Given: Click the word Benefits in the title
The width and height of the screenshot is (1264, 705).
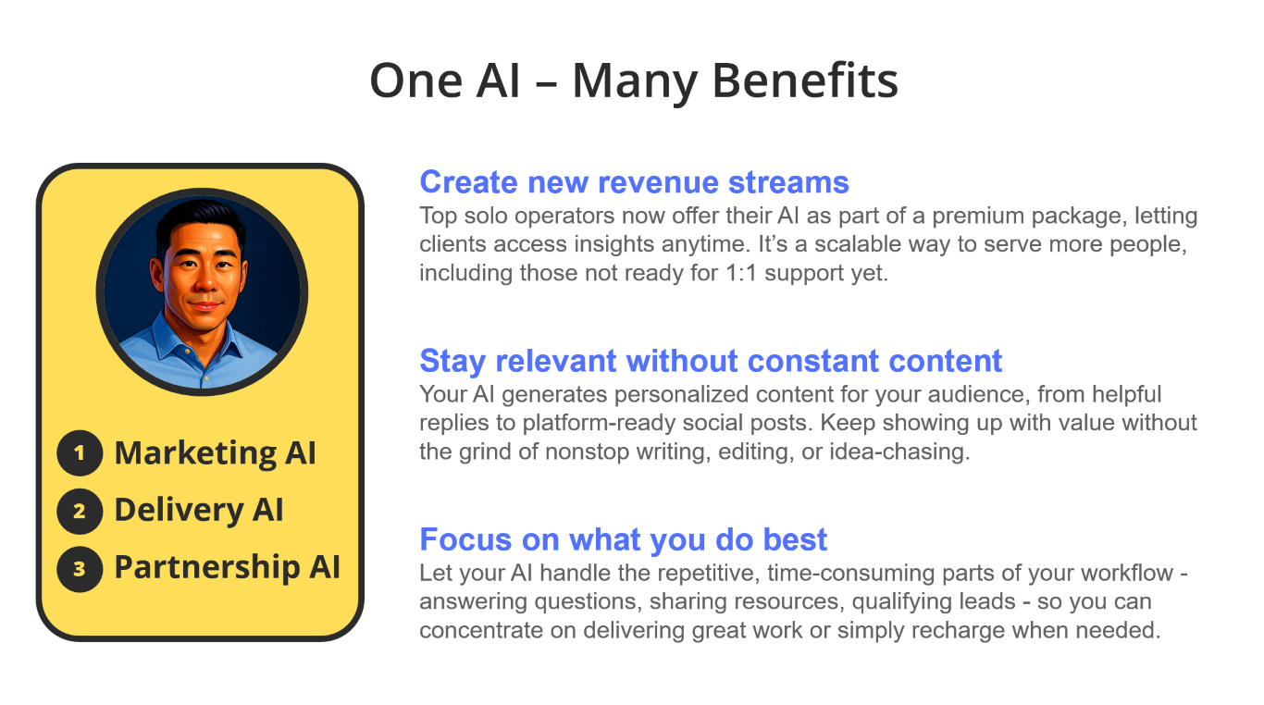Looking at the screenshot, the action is tap(805, 80).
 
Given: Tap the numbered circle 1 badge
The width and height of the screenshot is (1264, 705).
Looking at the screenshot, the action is tap(80, 453).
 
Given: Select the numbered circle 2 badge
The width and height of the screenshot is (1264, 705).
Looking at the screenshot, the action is tap(80, 511).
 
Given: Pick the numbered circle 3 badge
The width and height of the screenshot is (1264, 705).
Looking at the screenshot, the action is tap(80, 568).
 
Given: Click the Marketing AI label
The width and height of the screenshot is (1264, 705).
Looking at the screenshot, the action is tap(215, 453).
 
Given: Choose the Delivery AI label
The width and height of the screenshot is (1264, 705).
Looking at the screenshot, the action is tap(199, 511).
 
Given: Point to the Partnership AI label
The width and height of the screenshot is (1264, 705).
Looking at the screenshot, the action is tap(228, 567).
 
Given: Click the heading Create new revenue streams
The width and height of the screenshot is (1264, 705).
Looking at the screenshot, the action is tap(634, 182).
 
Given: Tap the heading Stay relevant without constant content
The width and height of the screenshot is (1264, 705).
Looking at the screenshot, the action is tap(711, 361).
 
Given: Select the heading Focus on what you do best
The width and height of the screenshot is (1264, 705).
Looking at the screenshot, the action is tap(624, 539).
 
